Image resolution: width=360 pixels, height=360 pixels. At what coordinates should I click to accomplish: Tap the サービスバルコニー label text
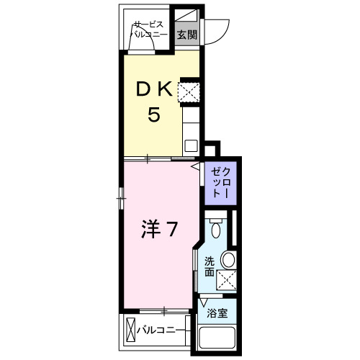[149, 30]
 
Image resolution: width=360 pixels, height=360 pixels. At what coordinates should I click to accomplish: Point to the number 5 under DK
[153, 115]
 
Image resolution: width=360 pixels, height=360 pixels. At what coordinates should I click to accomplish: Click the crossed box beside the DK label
[190, 91]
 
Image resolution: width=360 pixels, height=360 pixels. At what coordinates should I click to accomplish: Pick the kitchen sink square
[191, 145]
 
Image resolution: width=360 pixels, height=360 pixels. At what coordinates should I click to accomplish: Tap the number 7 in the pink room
[173, 230]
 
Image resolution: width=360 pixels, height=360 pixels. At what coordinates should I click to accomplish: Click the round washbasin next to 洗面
[228, 260]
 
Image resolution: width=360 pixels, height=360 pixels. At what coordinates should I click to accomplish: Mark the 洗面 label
[209, 266]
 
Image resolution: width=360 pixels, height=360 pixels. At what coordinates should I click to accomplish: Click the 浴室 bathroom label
[217, 314]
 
